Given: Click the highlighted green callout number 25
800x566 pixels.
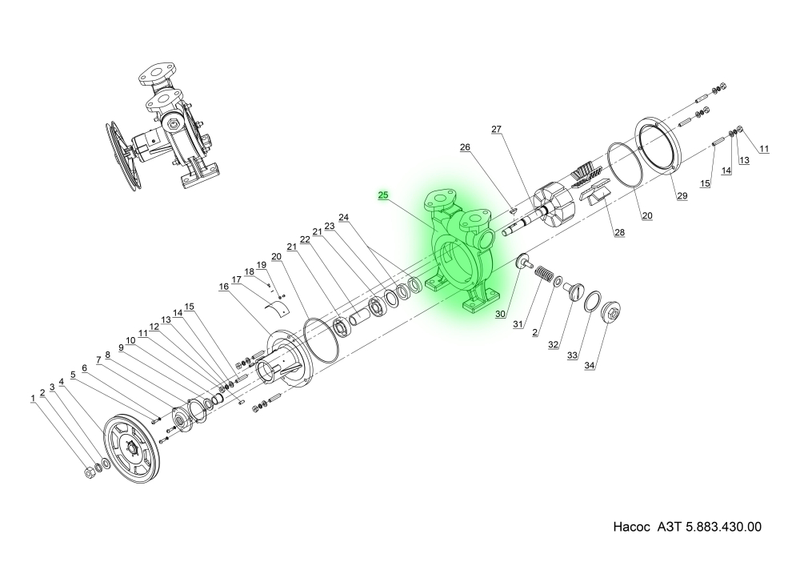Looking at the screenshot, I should point(383,195).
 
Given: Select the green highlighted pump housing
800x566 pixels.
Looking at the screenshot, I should point(465,256).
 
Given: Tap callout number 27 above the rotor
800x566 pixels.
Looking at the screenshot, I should point(496,129).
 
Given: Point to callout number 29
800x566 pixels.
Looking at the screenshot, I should point(682,196).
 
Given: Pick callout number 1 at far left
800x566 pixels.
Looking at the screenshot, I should point(33,398).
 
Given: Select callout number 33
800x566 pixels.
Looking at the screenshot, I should point(572,355).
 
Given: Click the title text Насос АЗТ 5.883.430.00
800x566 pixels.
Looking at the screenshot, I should point(686,528).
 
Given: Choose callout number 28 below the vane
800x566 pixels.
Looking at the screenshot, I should point(619,233).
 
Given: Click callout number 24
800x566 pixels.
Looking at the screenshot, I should point(344,217).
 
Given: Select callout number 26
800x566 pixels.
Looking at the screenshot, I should point(465,147).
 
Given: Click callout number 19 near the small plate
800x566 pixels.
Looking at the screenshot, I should point(261,265).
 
